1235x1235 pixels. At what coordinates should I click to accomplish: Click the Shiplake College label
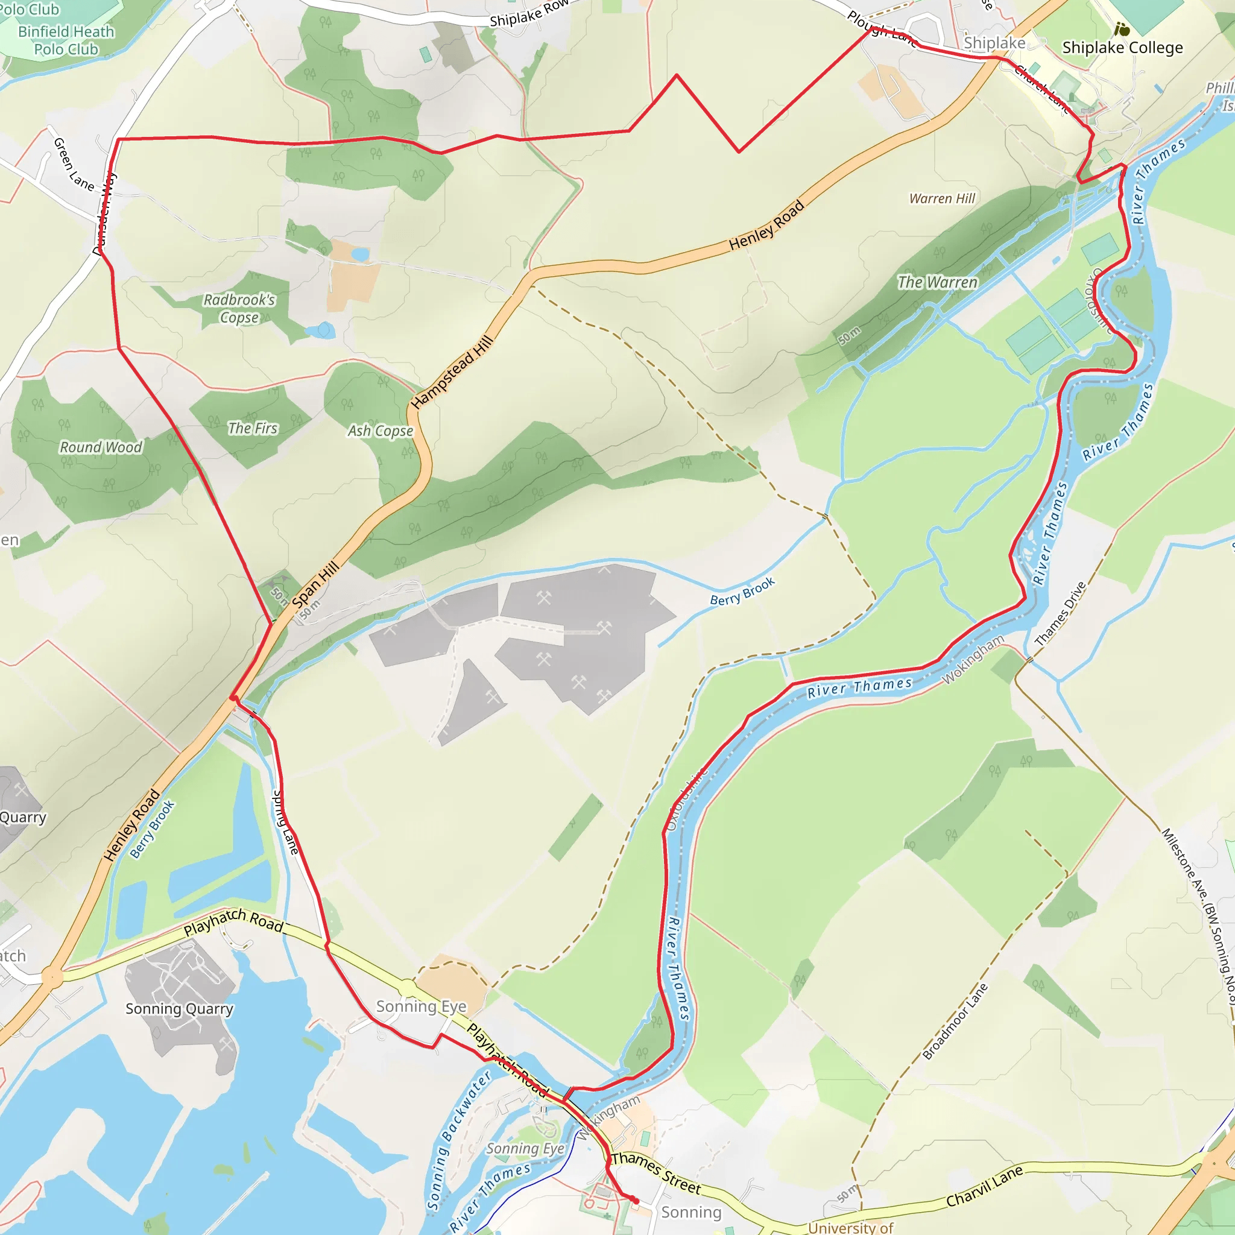click(1122, 48)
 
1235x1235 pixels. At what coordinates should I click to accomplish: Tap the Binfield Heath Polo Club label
click(66, 40)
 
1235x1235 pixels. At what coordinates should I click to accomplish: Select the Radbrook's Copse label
click(239, 308)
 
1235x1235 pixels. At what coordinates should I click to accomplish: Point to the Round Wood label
click(101, 447)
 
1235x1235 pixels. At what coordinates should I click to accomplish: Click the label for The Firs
click(253, 428)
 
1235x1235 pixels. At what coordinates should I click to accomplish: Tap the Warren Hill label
click(943, 199)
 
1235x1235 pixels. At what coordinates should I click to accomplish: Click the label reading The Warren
click(937, 283)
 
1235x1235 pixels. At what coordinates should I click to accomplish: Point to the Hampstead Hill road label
click(452, 372)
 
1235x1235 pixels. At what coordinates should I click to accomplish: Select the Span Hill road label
click(315, 584)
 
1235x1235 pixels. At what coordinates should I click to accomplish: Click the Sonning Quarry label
click(179, 1009)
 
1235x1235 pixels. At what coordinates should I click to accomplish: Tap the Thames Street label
click(656, 1173)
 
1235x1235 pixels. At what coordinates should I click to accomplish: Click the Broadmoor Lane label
click(955, 1022)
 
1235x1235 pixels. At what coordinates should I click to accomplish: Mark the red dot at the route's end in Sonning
click(636, 1201)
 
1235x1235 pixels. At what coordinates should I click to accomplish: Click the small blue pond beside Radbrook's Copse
click(321, 330)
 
